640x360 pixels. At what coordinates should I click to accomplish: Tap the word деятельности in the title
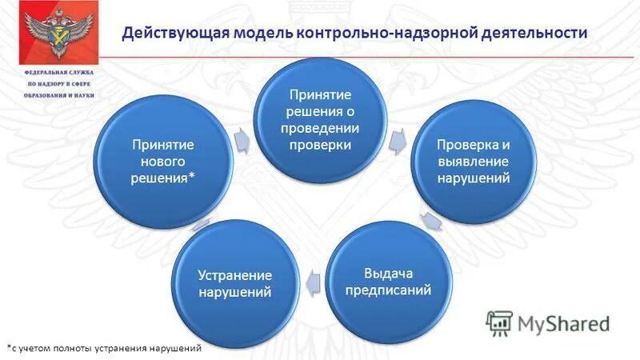click(x=534, y=33)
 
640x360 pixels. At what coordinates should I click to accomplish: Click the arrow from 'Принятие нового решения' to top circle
click(x=241, y=139)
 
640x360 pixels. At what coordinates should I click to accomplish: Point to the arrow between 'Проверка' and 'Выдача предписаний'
click(x=431, y=222)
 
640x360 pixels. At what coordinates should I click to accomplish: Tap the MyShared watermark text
click(x=563, y=324)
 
